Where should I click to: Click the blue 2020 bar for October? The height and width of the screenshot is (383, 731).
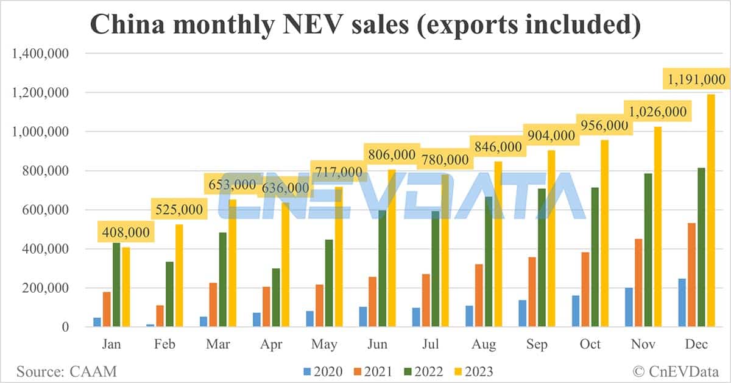click(576, 311)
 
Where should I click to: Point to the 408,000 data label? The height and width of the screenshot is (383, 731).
click(124, 232)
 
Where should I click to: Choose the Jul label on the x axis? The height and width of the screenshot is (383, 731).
click(432, 345)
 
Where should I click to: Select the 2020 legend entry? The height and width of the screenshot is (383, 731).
click(322, 371)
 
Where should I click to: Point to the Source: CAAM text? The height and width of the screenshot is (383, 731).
click(66, 370)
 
